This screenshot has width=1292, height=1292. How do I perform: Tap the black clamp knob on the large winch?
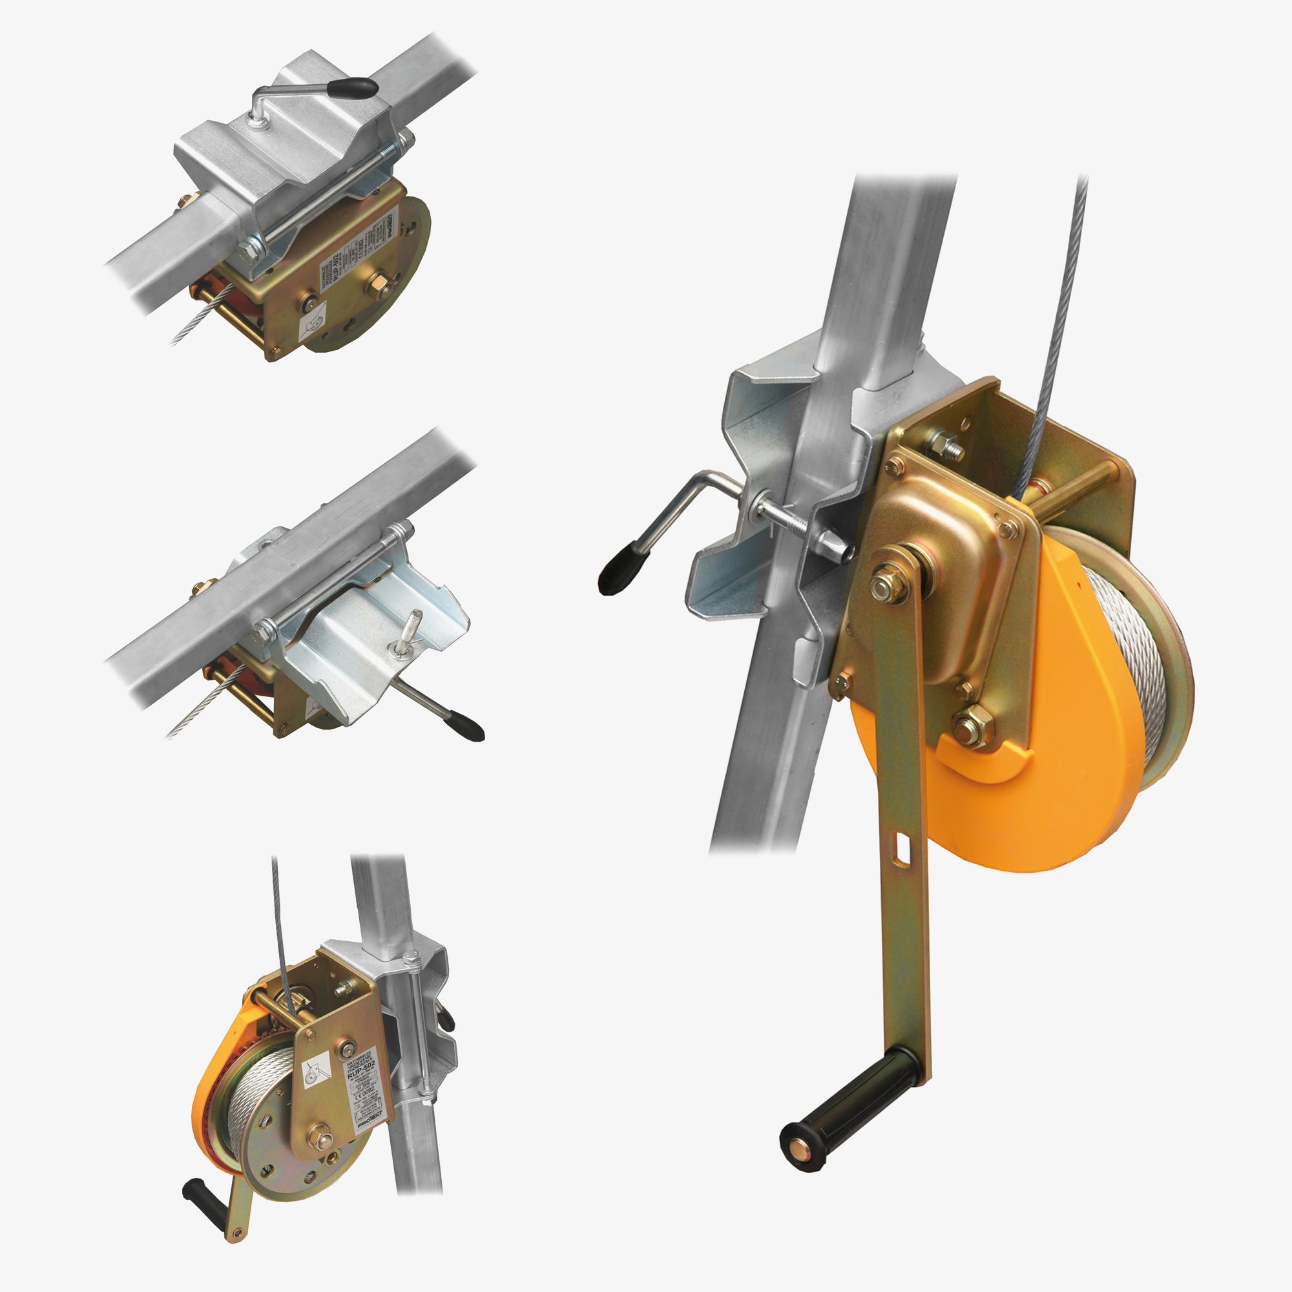coord(616,574)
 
